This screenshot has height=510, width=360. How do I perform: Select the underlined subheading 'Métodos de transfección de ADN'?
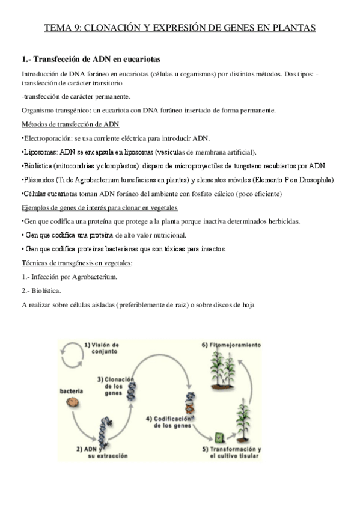click(x=70, y=124)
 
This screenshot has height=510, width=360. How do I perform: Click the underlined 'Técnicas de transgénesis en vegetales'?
click(x=77, y=263)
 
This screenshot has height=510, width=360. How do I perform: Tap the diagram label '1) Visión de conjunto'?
click(x=102, y=348)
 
